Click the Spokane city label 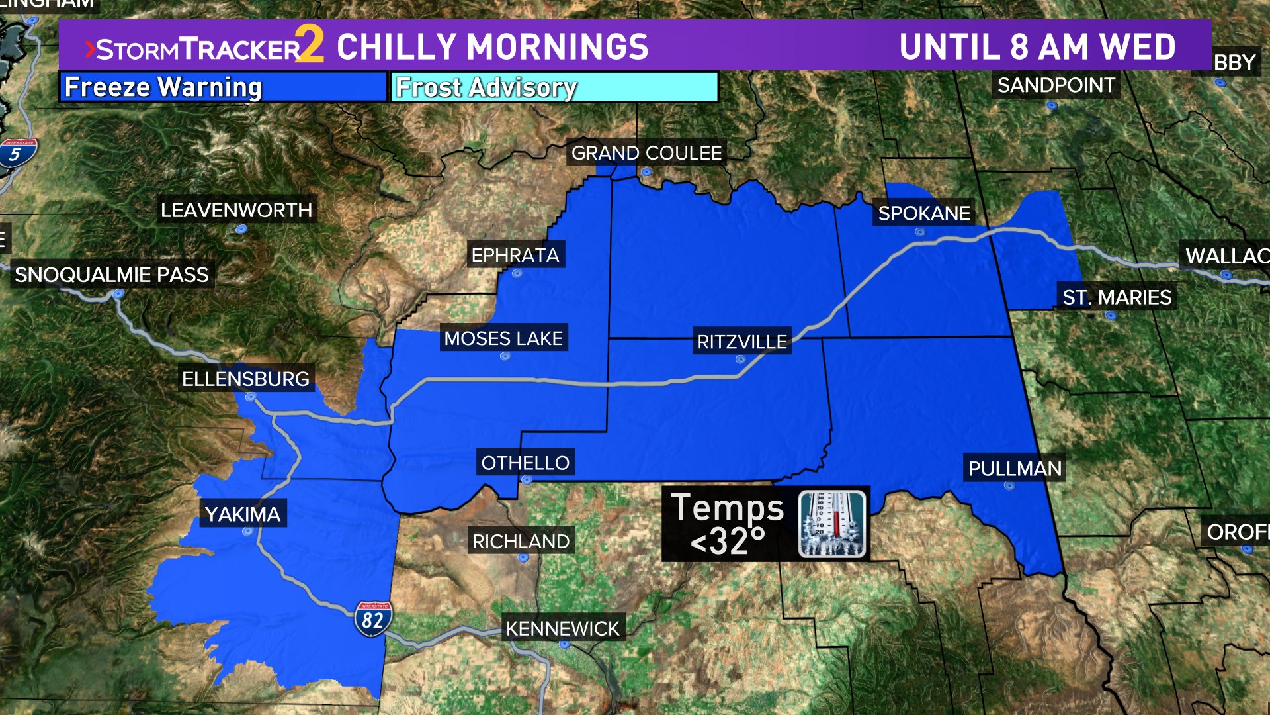click(x=923, y=213)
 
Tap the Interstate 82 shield click(x=373, y=618)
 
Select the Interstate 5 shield click(x=16, y=154)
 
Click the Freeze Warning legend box click(x=223, y=87)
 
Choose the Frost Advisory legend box click(x=554, y=87)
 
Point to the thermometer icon click(x=831, y=524)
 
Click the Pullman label click(x=1014, y=469)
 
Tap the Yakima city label click(x=243, y=514)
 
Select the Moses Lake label click(x=503, y=338)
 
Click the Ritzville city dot click(x=741, y=359)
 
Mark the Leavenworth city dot click(x=241, y=229)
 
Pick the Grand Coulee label click(x=646, y=153)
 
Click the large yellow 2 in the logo click(x=310, y=44)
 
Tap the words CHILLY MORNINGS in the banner click(x=493, y=47)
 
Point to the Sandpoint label click(x=1056, y=85)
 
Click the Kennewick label click(x=562, y=628)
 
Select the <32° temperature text click(x=728, y=541)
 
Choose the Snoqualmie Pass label click(x=112, y=275)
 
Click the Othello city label click(x=525, y=463)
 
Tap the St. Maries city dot click(x=1111, y=316)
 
